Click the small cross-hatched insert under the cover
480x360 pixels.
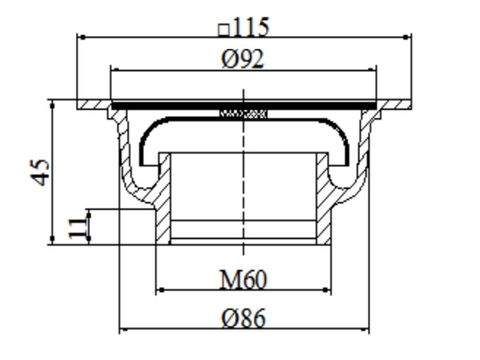pos(244,114)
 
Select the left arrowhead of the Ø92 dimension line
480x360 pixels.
pos(115,71)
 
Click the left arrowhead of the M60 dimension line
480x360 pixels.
pos(159,291)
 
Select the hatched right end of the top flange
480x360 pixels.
pos(397,104)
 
